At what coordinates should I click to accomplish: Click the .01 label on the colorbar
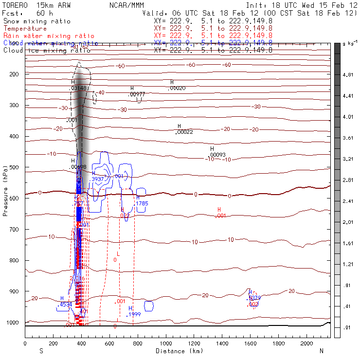[x=348, y=327]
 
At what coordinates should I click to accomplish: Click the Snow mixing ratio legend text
[x=36, y=21]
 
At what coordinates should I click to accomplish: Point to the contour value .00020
[x=177, y=89]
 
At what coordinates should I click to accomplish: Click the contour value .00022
[x=184, y=132]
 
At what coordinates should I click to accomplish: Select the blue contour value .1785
[x=142, y=203]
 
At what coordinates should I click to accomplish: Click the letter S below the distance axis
[x=40, y=351]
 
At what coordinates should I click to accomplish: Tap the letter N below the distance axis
[x=321, y=351]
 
